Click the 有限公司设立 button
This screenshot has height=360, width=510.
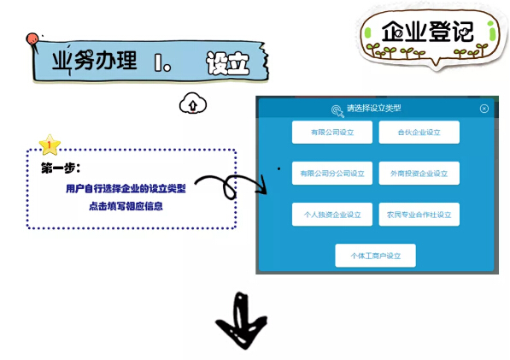pos(332,133)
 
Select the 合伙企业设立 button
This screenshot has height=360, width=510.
pos(419,133)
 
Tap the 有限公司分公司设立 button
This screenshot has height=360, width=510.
pos(332,174)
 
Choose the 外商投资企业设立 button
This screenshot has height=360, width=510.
pos(419,174)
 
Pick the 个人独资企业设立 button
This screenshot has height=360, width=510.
pos(332,215)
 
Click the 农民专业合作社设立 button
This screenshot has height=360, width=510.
pos(419,215)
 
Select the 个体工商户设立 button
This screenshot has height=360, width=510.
pos(375,256)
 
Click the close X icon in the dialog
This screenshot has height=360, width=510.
pos(484,109)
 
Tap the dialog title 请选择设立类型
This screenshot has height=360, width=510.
pos(373,108)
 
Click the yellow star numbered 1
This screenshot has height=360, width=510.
pos(50,145)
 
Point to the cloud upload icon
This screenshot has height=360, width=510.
pos(193,103)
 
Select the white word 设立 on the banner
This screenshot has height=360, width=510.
pos(228,63)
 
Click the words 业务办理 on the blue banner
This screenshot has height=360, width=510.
pos(94,61)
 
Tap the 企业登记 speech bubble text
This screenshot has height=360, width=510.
pos(427,32)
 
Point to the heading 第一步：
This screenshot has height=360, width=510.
pos(61,168)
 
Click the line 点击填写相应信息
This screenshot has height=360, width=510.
pos(126,206)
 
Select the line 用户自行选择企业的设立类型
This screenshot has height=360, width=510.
pos(126,188)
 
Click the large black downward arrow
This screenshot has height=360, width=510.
pos(242,321)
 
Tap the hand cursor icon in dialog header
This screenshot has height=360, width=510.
pos(337,111)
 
